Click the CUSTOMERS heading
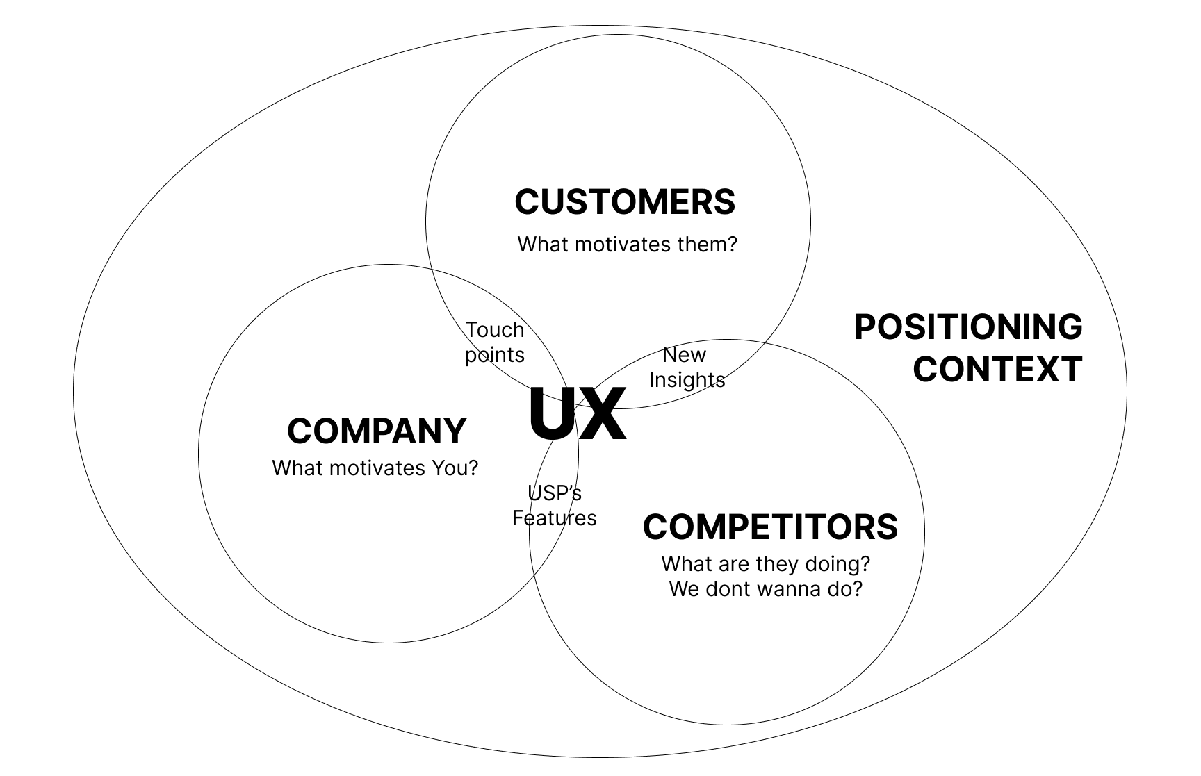tap(625, 202)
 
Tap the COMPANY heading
tap(377, 431)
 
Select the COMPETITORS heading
tap(770, 527)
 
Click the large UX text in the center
tap(577, 415)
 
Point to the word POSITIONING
tap(968, 327)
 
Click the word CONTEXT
tap(997, 369)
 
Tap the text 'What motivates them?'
tap(627, 245)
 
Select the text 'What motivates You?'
tap(375, 468)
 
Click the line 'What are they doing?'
tap(765, 563)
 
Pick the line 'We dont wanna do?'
tap(765, 589)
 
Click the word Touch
tap(495, 330)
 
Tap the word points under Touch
tap(495, 355)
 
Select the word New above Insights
tap(684, 355)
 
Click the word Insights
tap(687, 380)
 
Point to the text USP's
tap(555, 493)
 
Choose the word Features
tap(555, 518)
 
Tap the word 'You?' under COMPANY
tap(455, 468)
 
